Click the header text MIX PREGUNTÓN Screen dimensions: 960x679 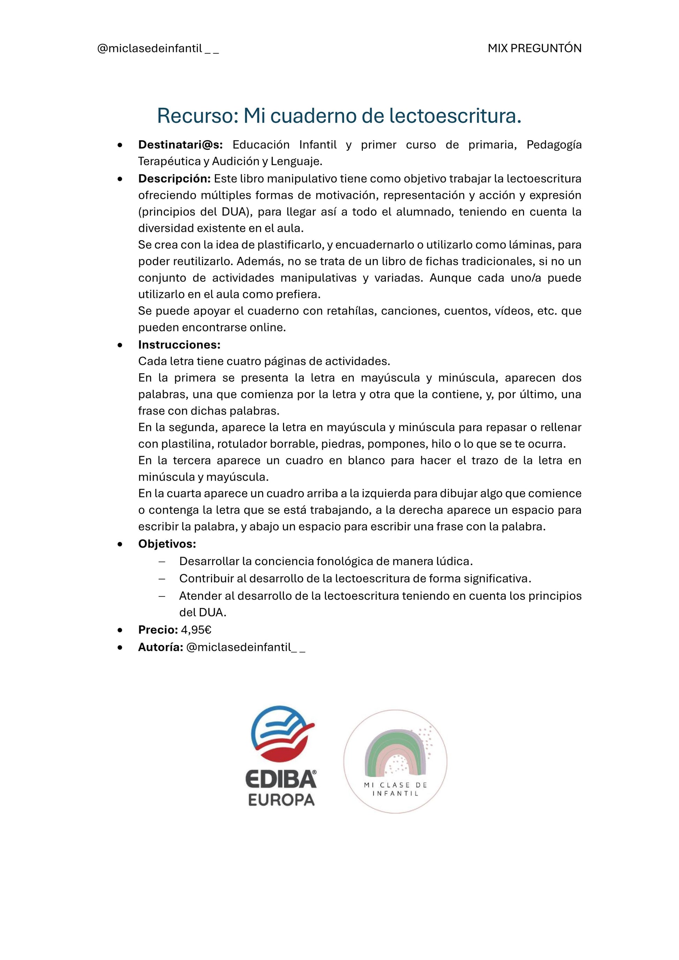click(x=534, y=48)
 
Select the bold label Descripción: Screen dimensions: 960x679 click(x=174, y=179)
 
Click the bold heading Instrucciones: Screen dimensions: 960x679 click(x=179, y=345)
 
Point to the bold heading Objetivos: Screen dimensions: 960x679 click(x=167, y=543)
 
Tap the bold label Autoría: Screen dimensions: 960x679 click(x=161, y=647)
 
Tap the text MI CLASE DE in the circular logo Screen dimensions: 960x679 click(x=395, y=785)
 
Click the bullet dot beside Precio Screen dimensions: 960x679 click(x=120, y=630)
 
